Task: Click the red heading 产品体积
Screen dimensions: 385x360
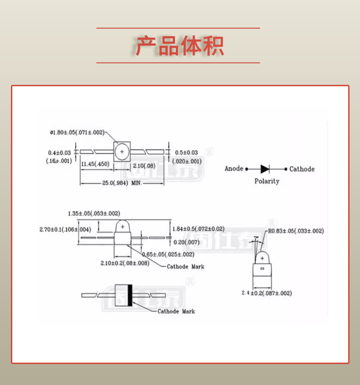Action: click(180, 46)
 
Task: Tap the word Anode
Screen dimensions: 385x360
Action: click(234, 169)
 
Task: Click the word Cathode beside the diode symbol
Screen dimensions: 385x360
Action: click(302, 169)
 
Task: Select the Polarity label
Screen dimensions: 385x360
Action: click(267, 181)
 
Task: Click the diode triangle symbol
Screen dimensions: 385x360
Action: click(265, 169)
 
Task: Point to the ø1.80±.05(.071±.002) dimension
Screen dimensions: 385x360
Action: click(77, 132)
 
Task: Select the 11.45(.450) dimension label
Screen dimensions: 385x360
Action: click(95, 164)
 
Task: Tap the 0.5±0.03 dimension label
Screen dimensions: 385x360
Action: click(186, 152)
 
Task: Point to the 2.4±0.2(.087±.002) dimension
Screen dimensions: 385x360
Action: click(267, 293)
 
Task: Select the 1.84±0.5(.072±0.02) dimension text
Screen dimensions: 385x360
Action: click(198, 229)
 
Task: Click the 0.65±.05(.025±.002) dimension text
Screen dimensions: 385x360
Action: click(168, 254)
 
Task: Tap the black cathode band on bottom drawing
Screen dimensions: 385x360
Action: click(130, 295)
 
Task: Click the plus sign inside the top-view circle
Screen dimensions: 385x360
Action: click(122, 151)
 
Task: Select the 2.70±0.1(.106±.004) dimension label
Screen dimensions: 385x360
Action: click(65, 229)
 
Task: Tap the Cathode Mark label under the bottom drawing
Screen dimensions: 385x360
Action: click(176, 311)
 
